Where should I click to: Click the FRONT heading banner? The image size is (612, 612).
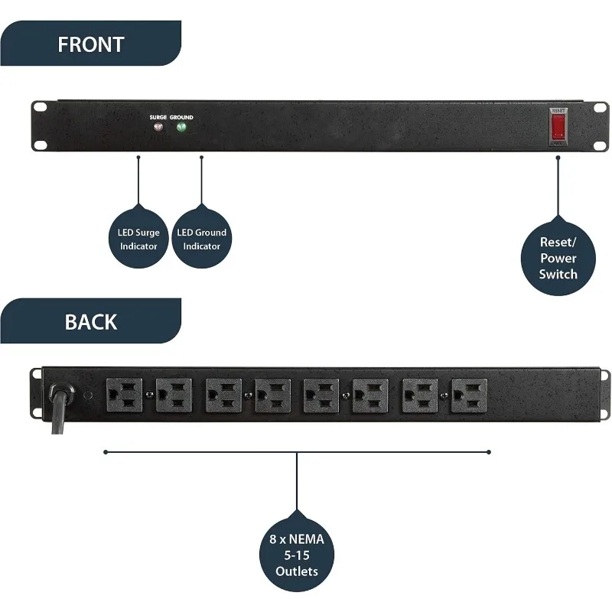tap(90, 44)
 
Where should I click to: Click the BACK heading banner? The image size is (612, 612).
tap(90, 321)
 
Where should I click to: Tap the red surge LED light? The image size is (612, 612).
tap(158, 127)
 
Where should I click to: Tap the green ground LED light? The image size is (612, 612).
tap(182, 127)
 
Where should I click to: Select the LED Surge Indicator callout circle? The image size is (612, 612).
tap(138, 237)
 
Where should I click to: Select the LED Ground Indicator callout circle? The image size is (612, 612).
tap(201, 237)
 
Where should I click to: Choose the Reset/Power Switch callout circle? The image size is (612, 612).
tap(558, 257)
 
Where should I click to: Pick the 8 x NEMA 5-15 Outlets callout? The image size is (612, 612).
tap(296, 553)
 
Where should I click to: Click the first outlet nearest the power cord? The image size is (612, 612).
tap(124, 396)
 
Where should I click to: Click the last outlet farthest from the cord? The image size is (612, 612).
tap(467, 396)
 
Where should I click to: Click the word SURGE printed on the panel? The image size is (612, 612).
tap(158, 117)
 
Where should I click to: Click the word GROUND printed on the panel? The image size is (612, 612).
tap(182, 117)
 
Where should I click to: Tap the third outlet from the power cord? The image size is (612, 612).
tap(223, 396)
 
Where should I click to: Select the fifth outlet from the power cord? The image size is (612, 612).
tap(321, 396)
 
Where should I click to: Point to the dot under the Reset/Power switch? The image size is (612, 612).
tap(558, 158)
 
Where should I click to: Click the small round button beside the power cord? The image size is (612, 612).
tap(87, 396)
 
